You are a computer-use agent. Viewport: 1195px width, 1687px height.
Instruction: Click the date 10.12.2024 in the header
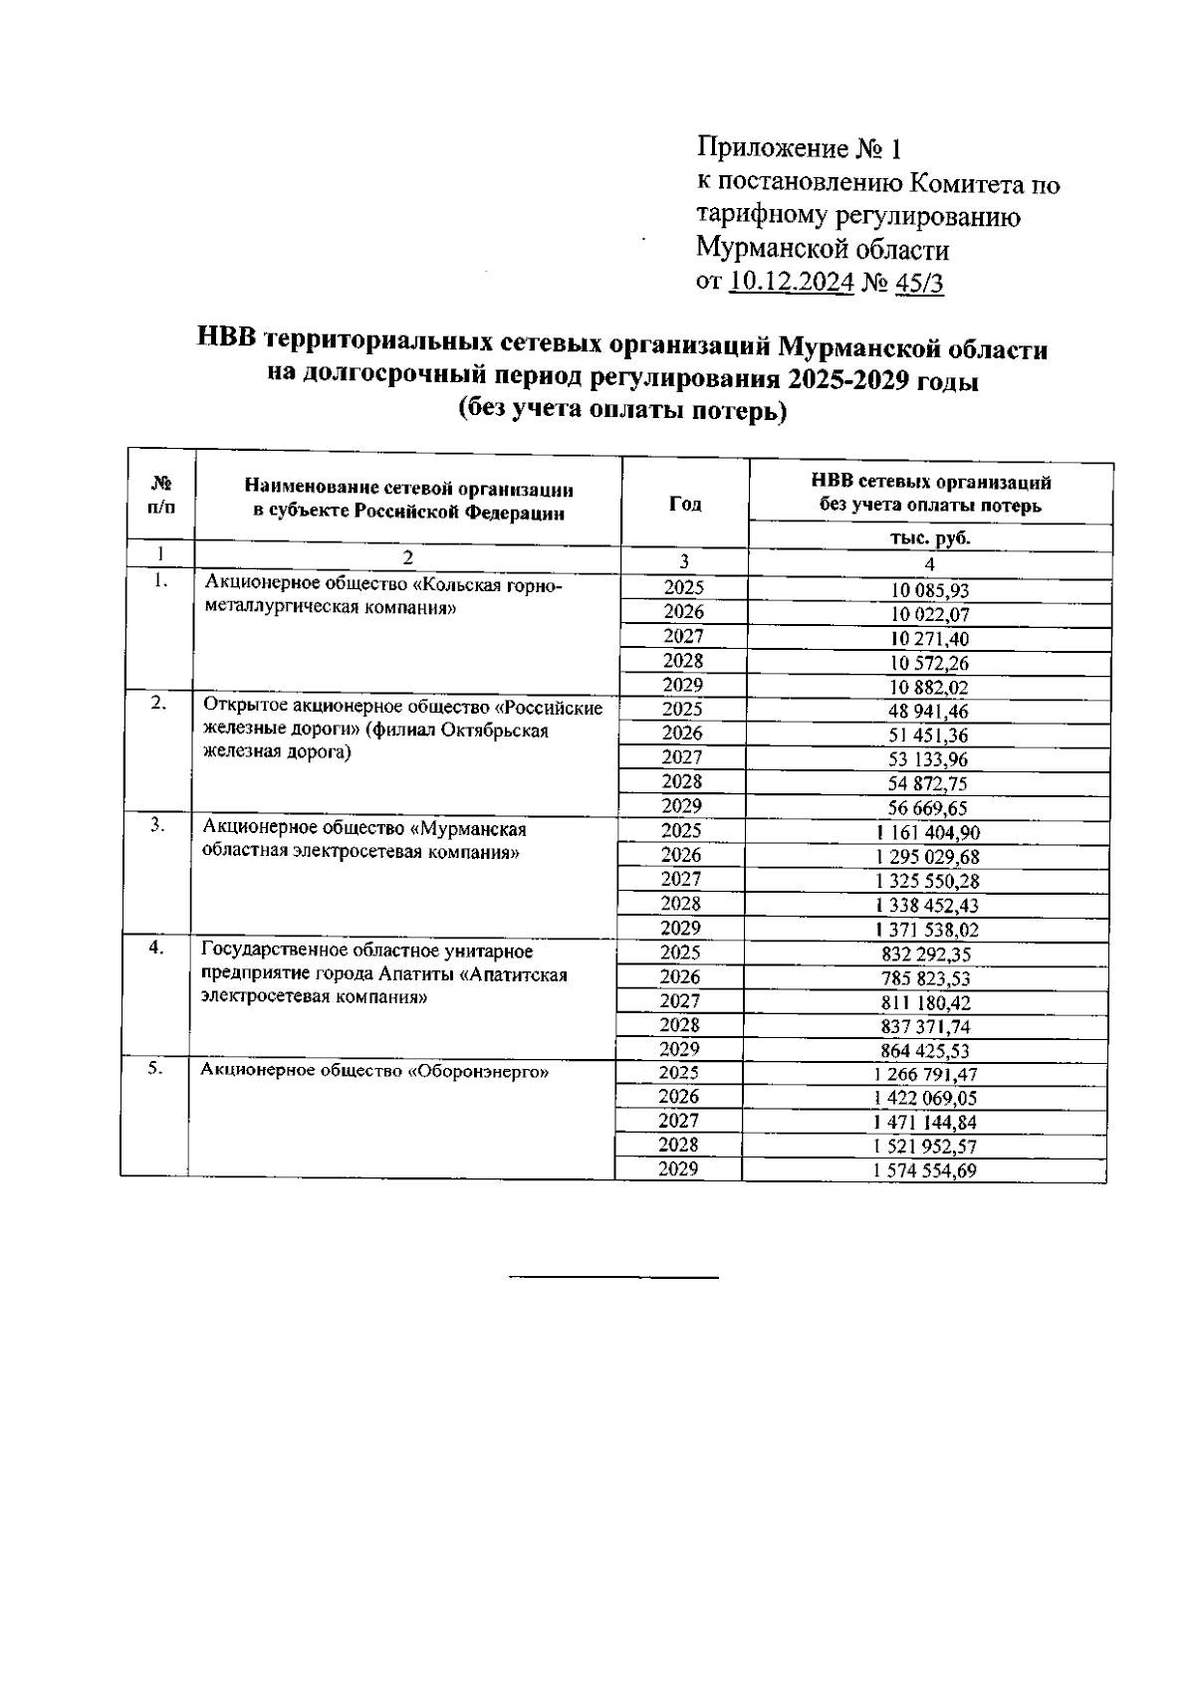pyautogui.click(x=792, y=283)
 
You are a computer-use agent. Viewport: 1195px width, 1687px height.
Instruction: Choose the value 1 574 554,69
pyautogui.click(x=925, y=1171)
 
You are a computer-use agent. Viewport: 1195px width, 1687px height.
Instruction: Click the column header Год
pyautogui.click(x=684, y=504)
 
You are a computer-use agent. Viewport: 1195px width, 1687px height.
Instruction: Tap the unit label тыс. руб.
pyautogui.click(x=929, y=538)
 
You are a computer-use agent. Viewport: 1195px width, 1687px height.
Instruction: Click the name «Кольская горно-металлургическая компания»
pyautogui.click(x=382, y=597)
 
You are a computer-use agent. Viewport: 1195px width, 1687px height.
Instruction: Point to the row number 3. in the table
pyautogui.click(x=156, y=826)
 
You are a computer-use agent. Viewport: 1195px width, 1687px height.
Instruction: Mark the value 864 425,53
pyautogui.click(x=927, y=1051)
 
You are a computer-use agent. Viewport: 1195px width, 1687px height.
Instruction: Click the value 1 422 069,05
pyautogui.click(x=925, y=1099)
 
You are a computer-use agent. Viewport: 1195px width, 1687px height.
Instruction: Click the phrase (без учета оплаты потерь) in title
pyautogui.click(x=622, y=411)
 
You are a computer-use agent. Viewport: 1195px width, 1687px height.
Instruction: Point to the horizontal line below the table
pyautogui.click(x=613, y=1276)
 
